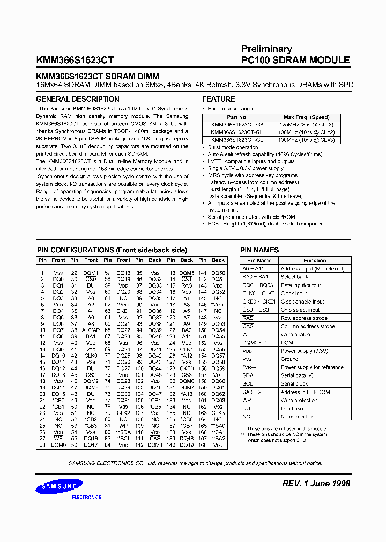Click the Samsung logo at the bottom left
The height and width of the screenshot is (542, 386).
pyautogui.click(x=60, y=486)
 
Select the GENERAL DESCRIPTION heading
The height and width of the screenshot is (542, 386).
pyautogui.click(x=77, y=99)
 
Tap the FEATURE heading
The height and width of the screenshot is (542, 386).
pyautogui.click(x=218, y=99)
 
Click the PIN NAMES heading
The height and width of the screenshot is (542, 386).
pyautogui.click(x=259, y=250)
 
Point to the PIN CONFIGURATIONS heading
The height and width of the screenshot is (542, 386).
pyautogui.click(x=112, y=250)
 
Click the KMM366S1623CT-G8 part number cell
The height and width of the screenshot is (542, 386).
pyautogui.click(x=236, y=124)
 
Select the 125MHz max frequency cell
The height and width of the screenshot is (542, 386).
pyautogui.click(x=306, y=124)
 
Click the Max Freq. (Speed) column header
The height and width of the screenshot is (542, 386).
pyautogui.click(x=306, y=117)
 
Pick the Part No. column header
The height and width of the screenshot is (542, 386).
pyautogui.click(x=236, y=117)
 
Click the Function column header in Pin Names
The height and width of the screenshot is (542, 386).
pyautogui.click(x=314, y=260)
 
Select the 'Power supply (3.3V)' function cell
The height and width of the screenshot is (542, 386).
pyautogui.click(x=305, y=351)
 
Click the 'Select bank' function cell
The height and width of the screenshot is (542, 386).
pyautogui.click(x=294, y=277)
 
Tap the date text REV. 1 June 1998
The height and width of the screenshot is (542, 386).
pyautogui.click(x=316, y=483)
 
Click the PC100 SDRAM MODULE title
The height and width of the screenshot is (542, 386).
pyautogui.click(x=295, y=60)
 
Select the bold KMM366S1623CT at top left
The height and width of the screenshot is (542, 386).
pyautogui.click(x=74, y=61)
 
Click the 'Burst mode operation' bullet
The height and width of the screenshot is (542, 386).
pyautogui.click(x=233, y=147)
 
